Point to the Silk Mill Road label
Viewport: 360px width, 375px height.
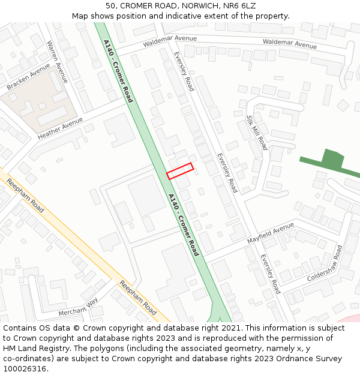(x=257, y=133)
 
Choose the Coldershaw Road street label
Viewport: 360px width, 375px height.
(x=325, y=264)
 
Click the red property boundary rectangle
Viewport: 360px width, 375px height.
(x=180, y=171)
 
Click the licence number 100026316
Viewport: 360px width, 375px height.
(x=25, y=369)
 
